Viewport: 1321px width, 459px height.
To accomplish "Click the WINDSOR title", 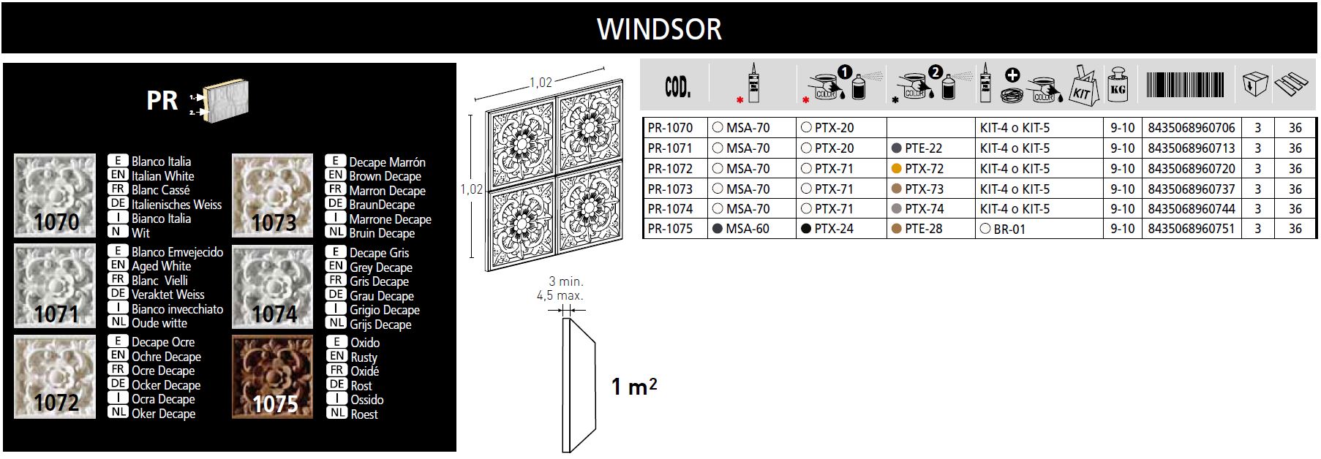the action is coord(659,29).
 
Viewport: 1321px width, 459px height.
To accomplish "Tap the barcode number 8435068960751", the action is coord(1192,229).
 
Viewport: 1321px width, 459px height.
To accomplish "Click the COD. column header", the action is coord(677,88).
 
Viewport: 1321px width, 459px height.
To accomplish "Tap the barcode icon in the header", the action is coord(1189,85).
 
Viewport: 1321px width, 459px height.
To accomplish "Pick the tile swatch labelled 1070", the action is coord(55,195).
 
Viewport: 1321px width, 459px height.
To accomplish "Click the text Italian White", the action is coord(163,176).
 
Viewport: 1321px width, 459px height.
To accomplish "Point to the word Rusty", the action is coord(364,357).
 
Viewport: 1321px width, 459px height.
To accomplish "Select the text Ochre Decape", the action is coord(166,357).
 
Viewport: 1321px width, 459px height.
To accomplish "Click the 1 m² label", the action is coord(634,386).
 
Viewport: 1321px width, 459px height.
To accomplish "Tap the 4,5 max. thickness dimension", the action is coord(560,296).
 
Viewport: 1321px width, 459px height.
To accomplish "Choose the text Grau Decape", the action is coord(382,296).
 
